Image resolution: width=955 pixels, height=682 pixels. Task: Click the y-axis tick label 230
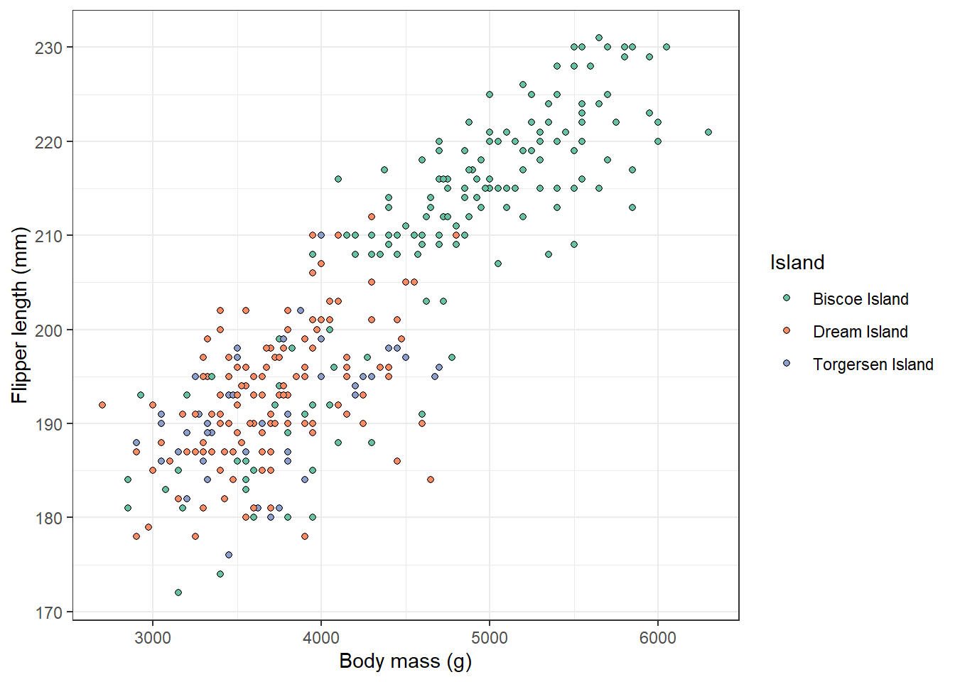[x=48, y=48]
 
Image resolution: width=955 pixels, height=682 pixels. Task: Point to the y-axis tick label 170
[x=48, y=612]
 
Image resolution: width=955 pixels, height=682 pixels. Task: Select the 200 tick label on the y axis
[x=48, y=330]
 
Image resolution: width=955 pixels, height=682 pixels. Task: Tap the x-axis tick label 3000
[x=153, y=638]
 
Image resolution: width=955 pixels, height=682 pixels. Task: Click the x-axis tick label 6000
[x=658, y=638]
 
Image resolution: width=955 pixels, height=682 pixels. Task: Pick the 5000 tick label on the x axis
[x=490, y=638]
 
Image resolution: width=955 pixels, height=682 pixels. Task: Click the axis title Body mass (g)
[x=405, y=661]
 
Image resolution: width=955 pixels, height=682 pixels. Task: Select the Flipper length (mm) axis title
[x=20, y=315]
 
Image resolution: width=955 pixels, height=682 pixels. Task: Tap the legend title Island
[x=797, y=263]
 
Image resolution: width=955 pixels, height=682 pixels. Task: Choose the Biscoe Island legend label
[x=860, y=299]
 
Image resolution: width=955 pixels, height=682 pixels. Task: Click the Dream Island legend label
[x=860, y=332]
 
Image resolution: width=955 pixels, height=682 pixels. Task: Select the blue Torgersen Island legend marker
[x=787, y=364]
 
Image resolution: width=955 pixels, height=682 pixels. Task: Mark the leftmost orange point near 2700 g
[x=102, y=405]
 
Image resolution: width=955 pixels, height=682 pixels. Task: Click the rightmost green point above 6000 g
[x=708, y=132]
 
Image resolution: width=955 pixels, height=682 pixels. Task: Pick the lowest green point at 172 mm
[x=178, y=592]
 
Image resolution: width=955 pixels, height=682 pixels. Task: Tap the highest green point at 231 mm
[x=599, y=38]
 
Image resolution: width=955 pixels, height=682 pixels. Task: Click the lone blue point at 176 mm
[x=229, y=555]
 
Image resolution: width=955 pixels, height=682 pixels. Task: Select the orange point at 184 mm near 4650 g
[x=431, y=480]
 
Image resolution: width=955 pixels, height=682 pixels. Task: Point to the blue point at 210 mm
[x=321, y=235]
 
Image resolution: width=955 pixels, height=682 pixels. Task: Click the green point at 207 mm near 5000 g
[x=498, y=264]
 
